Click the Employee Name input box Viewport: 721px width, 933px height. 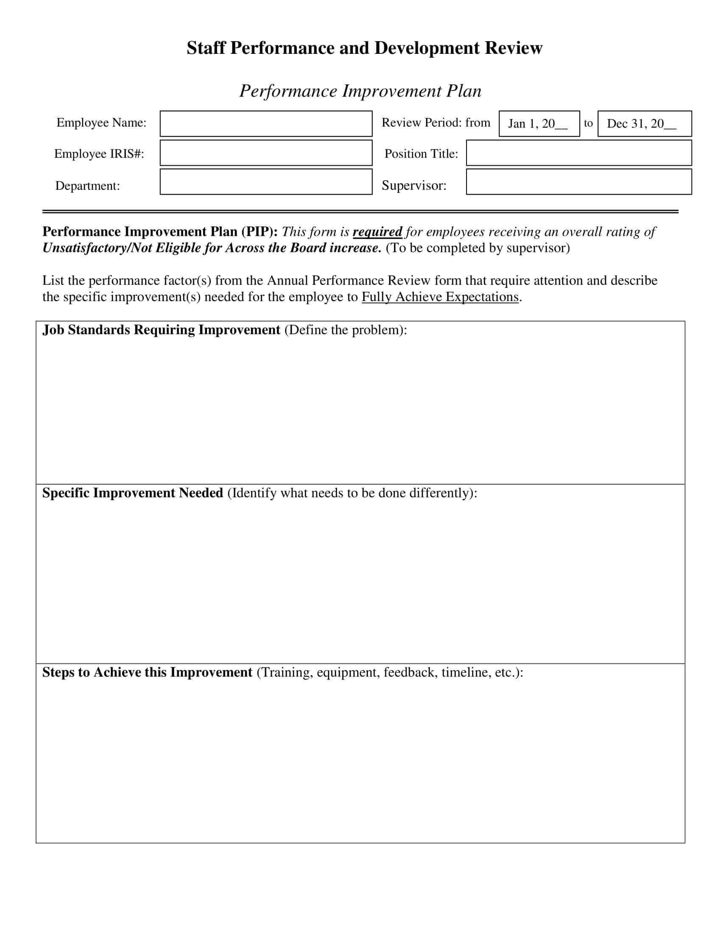[265, 123]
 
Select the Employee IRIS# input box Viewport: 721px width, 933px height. [265, 153]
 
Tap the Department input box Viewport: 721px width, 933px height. [265, 182]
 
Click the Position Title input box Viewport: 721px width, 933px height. [579, 153]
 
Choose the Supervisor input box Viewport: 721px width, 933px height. [579, 182]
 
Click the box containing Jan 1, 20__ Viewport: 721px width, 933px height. [539, 123]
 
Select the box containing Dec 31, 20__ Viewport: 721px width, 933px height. [644, 123]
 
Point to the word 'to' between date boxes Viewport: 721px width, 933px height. [588, 123]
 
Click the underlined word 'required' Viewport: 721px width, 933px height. [377, 232]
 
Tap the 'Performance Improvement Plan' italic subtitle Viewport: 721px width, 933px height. [360, 91]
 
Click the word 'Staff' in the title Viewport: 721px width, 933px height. [205, 48]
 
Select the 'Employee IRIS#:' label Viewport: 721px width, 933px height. [99, 154]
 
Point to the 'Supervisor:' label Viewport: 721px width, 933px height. [414, 185]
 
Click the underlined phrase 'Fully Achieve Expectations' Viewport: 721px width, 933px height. [440, 296]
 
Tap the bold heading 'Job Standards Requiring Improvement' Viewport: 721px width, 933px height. [161, 330]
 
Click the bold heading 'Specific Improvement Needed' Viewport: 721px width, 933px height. [132, 493]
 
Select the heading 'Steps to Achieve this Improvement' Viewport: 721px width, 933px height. [147, 673]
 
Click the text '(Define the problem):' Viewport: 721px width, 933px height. [345, 330]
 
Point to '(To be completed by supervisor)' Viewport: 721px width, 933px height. [478, 248]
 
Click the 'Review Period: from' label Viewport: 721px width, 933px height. [436, 123]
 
